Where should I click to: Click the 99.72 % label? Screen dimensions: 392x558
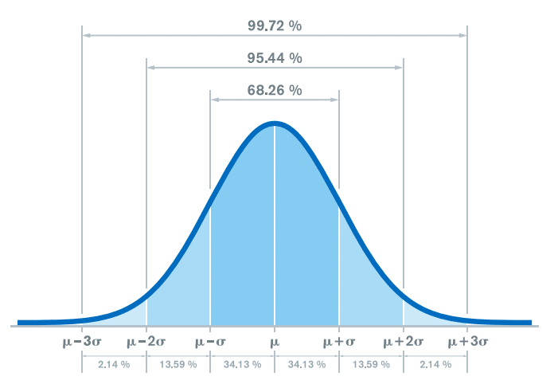pyautogui.click(x=275, y=25)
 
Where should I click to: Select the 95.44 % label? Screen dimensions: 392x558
pyautogui.click(x=275, y=58)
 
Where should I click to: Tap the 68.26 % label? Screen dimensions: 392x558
pyautogui.click(x=275, y=90)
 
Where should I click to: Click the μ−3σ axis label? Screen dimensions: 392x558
pyautogui.click(x=82, y=342)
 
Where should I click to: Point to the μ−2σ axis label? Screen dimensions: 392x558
pyautogui.click(x=146, y=342)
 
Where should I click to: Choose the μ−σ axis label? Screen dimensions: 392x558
pyautogui.click(x=210, y=342)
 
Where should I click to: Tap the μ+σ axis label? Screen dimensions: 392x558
pyautogui.click(x=339, y=342)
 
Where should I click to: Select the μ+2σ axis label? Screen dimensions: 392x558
pyautogui.click(x=403, y=342)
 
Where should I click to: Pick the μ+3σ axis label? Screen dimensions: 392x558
pyautogui.click(x=467, y=342)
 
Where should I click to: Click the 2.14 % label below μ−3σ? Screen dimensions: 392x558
pyautogui.click(x=114, y=364)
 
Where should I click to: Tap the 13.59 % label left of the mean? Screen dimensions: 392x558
pyautogui.click(x=178, y=364)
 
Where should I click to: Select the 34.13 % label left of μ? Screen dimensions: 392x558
pyautogui.click(x=243, y=364)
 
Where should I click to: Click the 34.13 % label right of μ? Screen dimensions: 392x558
pyautogui.click(x=307, y=364)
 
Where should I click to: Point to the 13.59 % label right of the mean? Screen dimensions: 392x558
pyautogui.click(x=371, y=364)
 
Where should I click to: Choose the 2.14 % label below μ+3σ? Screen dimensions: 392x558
pyautogui.click(x=435, y=364)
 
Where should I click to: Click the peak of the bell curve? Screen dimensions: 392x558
pyautogui.click(x=275, y=123)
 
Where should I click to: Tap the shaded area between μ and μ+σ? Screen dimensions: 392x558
pyautogui.click(x=306, y=239)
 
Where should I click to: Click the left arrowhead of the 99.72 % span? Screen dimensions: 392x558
pyautogui.click(x=86, y=35)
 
